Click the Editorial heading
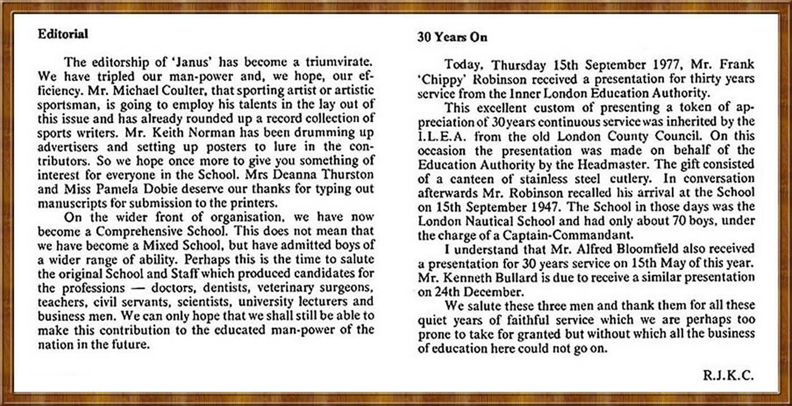click(x=63, y=34)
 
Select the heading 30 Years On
click(x=452, y=38)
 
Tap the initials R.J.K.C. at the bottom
click(x=729, y=375)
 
